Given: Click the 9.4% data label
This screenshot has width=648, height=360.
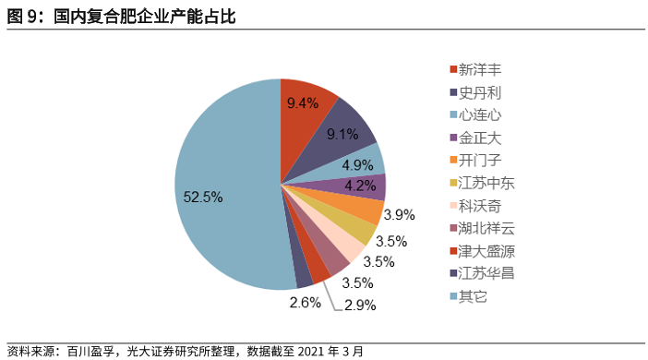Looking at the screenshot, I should click(x=302, y=102).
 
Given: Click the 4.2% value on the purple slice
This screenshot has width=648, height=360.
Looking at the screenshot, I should click(x=359, y=186).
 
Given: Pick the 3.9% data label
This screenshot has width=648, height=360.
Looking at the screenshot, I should click(x=399, y=215).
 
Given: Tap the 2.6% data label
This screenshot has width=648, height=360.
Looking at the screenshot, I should click(x=304, y=301).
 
